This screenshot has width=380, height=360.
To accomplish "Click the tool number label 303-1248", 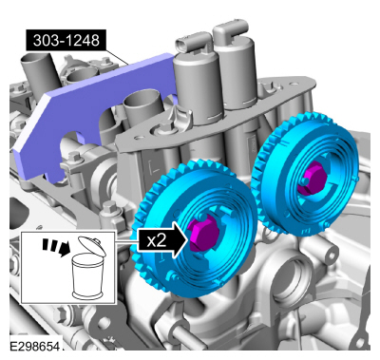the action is [66, 41].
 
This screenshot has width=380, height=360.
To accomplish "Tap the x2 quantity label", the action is [157, 241].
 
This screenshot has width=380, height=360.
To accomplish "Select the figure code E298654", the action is [35, 347].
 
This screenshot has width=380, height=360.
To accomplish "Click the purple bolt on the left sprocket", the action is [203, 233].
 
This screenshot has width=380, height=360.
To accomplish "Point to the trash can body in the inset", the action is [87, 276].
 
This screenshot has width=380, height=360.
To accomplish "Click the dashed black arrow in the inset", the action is [56, 247].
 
